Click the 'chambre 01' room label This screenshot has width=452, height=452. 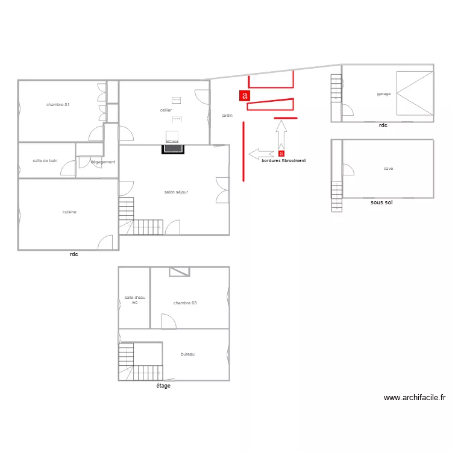pos(58,105)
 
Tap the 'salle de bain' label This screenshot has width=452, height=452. pos(45,161)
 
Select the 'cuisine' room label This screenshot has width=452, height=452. pos(69,212)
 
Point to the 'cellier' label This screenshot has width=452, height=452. pos(166,110)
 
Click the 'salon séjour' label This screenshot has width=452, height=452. pos(176,192)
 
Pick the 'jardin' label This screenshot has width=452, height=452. pos(227,115)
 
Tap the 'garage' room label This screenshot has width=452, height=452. pos(384,94)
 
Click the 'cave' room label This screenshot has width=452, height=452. pos(388,169)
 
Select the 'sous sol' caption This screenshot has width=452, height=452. pos(381,203)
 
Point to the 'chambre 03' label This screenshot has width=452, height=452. pos(185,303)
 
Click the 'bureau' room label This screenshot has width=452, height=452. pos(187,354)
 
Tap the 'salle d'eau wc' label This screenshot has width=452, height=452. pos(135,300)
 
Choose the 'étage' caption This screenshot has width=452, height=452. pos(163,386)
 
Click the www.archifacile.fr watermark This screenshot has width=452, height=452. pos(414,398)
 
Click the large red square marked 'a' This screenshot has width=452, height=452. pos(244,95)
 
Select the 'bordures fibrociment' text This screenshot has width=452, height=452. pos(283,161)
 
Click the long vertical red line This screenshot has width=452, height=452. pos(243,151)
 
